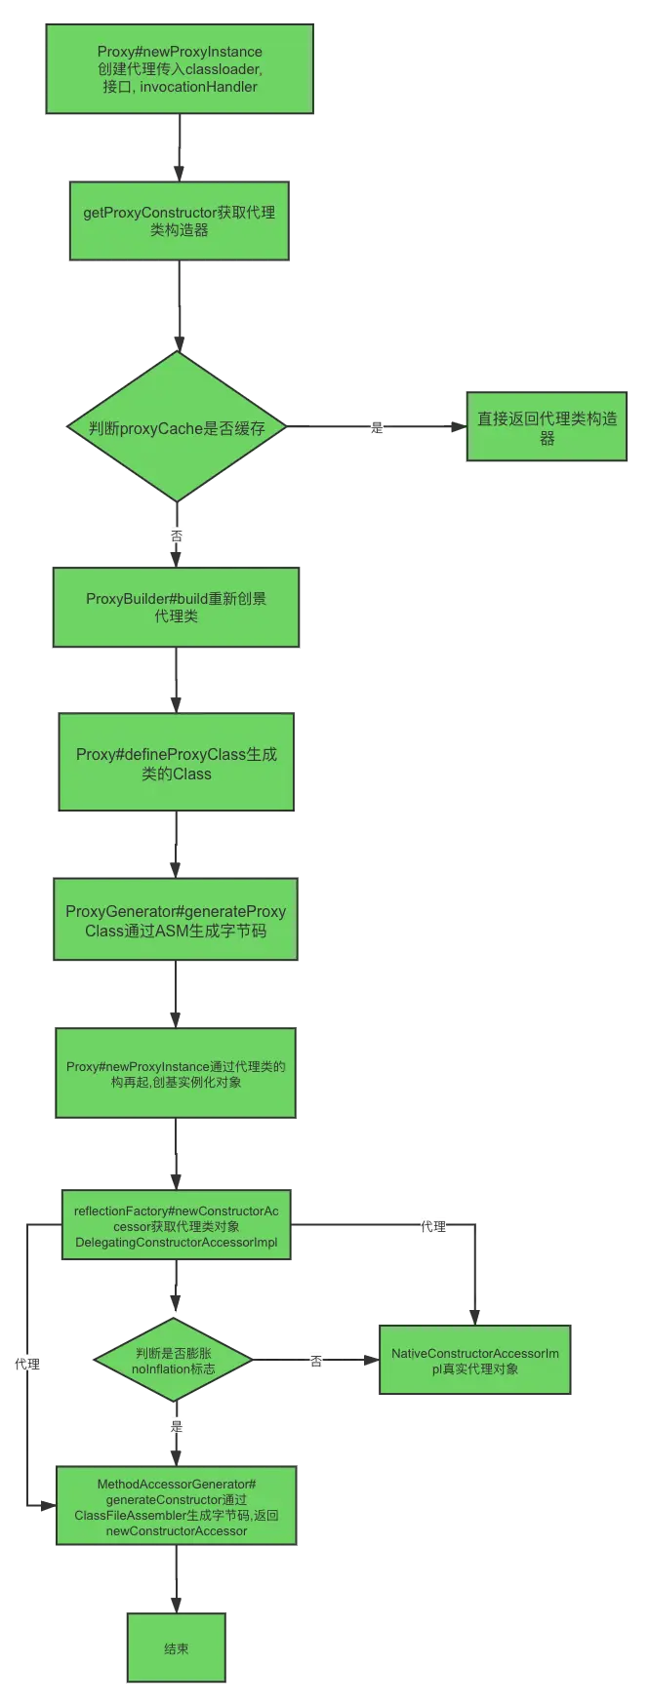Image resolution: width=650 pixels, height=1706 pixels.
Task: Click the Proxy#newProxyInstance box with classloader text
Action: (x=179, y=69)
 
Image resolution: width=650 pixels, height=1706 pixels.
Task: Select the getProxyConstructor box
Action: (x=179, y=220)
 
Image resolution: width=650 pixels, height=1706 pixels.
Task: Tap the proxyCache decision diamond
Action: (x=177, y=427)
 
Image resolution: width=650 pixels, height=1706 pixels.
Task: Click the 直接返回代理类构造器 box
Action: (x=547, y=427)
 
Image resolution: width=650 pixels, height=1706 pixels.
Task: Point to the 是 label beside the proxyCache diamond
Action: (x=378, y=426)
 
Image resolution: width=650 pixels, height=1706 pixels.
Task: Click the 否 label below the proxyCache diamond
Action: (x=177, y=536)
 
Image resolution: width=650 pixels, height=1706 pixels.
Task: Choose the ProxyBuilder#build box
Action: (x=176, y=607)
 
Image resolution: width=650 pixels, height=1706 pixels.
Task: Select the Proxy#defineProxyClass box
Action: (x=176, y=763)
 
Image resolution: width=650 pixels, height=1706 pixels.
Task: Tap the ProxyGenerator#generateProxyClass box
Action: (x=176, y=920)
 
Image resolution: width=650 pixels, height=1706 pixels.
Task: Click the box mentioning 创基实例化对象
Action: (x=176, y=1073)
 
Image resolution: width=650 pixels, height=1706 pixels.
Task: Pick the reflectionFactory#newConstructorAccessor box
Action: (x=176, y=1226)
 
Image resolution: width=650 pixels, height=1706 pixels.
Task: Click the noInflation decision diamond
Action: (x=174, y=1360)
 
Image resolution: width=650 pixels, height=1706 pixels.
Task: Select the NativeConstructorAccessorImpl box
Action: (x=474, y=1360)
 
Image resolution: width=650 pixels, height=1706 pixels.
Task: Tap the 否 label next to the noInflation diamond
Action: (x=316, y=1362)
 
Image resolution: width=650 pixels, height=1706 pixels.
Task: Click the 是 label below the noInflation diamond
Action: (x=177, y=1426)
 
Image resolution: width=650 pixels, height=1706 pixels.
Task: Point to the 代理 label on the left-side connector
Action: (x=27, y=1364)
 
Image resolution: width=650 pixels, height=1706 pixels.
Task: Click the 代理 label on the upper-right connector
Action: (x=431, y=1225)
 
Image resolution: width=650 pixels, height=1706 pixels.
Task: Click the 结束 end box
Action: (x=176, y=1647)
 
